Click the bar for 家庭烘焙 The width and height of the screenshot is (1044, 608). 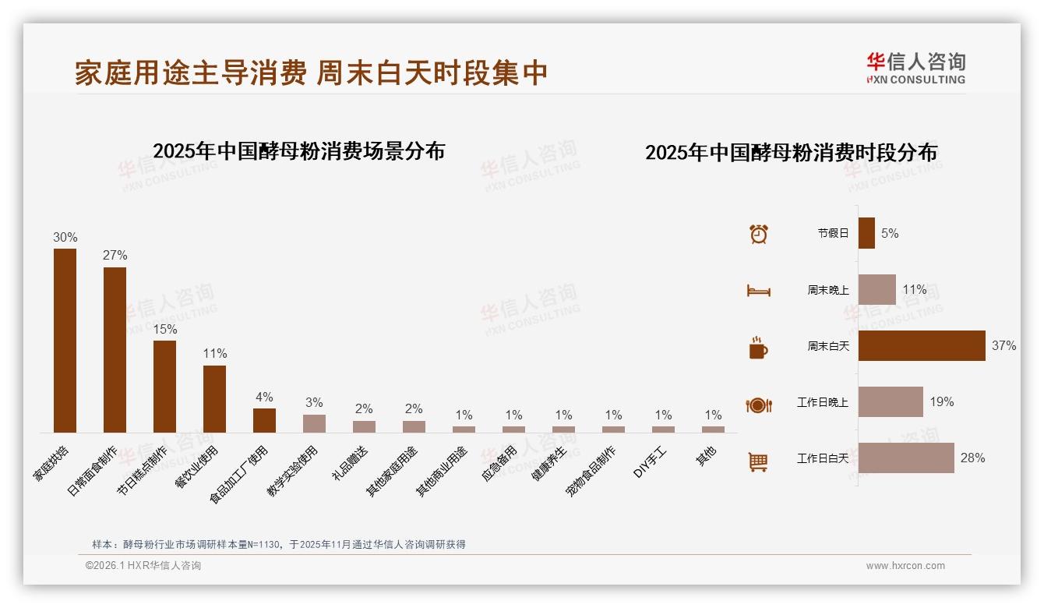65,341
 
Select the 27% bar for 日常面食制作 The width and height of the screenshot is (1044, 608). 115,350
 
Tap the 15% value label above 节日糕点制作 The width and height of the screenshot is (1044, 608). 164,329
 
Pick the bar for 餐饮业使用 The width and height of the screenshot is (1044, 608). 214,399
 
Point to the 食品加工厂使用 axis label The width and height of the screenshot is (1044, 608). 241,474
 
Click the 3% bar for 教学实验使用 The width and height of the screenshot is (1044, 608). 314,423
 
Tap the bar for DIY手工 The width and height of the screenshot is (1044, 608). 663,429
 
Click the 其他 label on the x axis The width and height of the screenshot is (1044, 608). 707,457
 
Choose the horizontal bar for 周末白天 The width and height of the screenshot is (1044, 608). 922,345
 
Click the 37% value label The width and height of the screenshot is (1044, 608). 1003,345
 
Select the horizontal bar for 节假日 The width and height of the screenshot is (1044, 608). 866,233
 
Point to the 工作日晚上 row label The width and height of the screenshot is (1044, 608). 822,402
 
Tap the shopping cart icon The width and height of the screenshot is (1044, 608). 758,461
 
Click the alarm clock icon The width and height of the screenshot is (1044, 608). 758,234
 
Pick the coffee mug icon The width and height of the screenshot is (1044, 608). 758,348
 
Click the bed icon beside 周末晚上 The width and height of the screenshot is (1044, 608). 758,291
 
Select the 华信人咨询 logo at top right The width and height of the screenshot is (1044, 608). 915,68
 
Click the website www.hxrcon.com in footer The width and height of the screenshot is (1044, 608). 905,566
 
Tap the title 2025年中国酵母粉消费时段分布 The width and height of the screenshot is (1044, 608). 791,152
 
